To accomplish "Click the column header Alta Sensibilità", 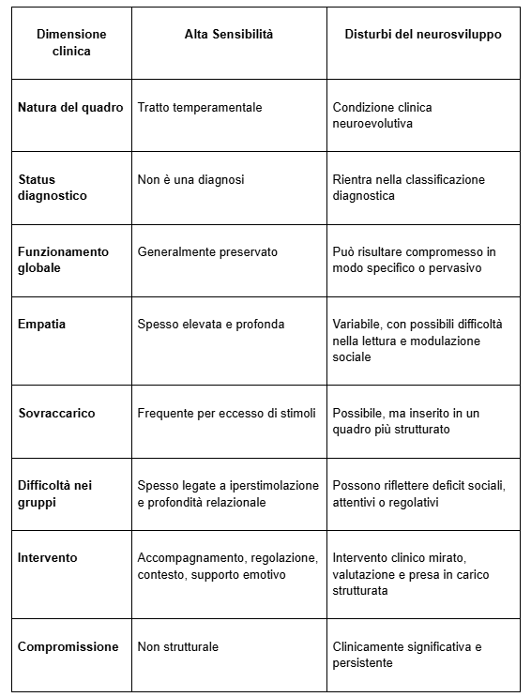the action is (228, 34).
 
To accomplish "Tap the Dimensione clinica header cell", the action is (71, 42).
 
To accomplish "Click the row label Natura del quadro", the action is (70, 107).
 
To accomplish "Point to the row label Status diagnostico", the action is (53, 188).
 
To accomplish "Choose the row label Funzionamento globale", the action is (63, 260).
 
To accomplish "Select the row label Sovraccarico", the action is (56, 413).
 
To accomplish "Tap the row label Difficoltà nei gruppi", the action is (55, 493).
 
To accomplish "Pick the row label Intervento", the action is (48, 557).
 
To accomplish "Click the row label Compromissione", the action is (68, 646).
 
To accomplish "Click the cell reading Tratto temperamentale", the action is (200, 107).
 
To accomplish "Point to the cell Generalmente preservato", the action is (207, 251).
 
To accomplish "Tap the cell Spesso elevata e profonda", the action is (210, 324).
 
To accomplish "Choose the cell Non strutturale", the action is (178, 646).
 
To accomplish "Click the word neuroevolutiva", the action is (373, 123).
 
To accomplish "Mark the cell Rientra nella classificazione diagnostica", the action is (409, 188).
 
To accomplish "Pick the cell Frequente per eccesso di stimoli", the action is (226, 413).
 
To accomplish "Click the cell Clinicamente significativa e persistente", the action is (407, 655).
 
